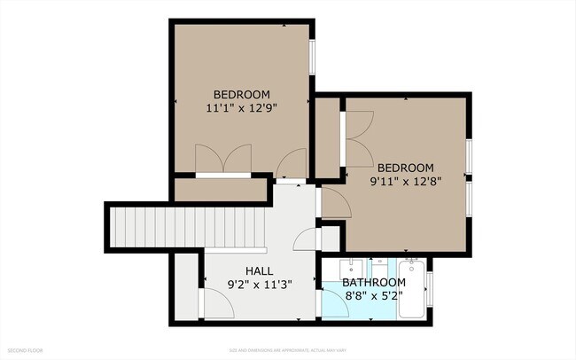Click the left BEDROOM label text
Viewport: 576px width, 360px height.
(x=241, y=94)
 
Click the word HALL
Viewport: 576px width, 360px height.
(x=259, y=270)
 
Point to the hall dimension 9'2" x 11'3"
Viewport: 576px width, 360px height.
(x=259, y=284)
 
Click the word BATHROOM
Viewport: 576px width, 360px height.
(x=374, y=283)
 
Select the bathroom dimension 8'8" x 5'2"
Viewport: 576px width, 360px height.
(x=374, y=296)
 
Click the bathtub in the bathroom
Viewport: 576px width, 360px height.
(x=412, y=289)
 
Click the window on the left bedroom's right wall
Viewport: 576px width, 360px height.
(x=312, y=59)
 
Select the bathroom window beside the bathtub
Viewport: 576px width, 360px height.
(x=430, y=289)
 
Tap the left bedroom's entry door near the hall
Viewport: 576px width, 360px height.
(x=292, y=164)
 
